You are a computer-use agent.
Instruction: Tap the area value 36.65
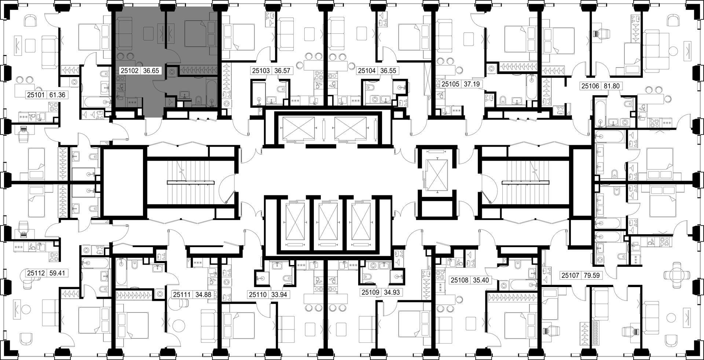point(151,71)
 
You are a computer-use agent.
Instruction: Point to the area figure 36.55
point(388,71)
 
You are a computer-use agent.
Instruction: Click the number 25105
point(450,84)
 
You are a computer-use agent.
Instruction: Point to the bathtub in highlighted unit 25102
point(211,91)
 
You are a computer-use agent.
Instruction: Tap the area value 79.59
point(591,275)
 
